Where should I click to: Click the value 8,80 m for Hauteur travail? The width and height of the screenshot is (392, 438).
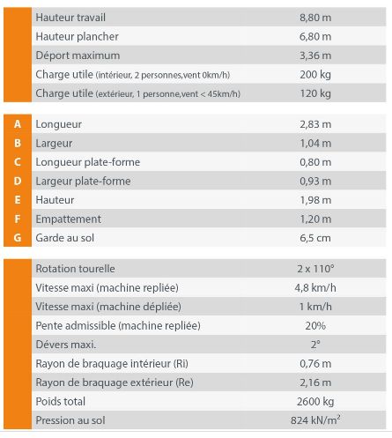[315, 17]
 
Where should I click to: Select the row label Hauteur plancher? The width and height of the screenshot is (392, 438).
[78, 36]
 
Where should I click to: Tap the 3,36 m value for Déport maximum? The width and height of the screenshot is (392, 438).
[315, 56]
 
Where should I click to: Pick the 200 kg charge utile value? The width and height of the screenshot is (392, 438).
[315, 75]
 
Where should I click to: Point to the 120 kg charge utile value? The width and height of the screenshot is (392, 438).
[315, 93]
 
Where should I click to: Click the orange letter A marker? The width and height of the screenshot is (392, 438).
[18, 124]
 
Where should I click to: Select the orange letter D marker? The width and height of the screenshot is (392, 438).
[18, 182]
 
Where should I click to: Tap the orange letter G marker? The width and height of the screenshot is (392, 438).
[18, 238]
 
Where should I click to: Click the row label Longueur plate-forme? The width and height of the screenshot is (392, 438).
[87, 162]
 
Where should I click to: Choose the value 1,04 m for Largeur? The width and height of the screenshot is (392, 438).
[315, 143]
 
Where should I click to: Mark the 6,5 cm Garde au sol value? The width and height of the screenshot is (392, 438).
[315, 238]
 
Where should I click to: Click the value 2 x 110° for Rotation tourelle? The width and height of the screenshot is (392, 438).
[315, 269]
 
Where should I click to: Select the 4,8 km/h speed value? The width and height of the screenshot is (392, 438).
[315, 287]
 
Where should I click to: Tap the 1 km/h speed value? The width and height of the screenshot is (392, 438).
[315, 307]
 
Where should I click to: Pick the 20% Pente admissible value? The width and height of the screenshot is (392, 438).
[315, 325]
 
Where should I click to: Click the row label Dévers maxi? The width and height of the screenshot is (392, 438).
[66, 345]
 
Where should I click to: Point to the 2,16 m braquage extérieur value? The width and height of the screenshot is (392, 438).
[315, 382]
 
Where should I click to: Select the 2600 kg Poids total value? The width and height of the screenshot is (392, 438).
[315, 402]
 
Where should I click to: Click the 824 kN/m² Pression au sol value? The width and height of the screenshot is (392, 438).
[315, 420]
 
